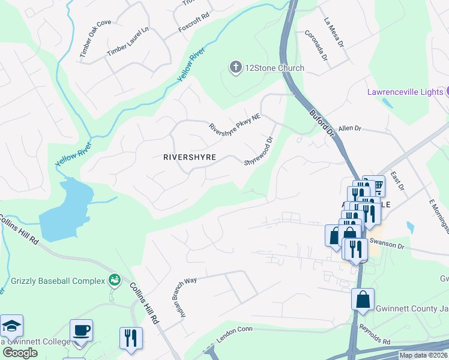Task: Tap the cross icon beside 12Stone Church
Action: click(236, 67)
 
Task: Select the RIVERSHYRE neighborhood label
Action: click(189, 157)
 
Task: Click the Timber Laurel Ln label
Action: click(127, 43)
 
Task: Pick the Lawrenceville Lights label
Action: click(405, 91)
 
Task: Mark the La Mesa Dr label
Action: click(333, 32)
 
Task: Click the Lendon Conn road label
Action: click(234, 336)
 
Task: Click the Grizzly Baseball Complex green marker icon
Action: click(113, 280)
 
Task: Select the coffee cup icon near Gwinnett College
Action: click(81, 330)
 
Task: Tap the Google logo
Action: click(20, 352)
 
